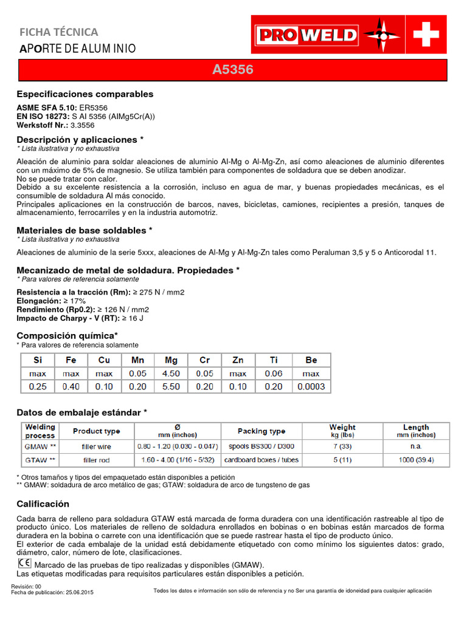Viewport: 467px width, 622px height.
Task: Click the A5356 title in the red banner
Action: [x=233, y=70]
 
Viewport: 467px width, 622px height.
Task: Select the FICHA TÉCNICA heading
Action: [x=59, y=32]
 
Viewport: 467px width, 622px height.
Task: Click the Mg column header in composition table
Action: [x=171, y=360]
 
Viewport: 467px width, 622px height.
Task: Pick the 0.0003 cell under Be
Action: [x=311, y=386]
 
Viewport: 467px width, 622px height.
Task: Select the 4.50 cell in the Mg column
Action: [x=171, y=374]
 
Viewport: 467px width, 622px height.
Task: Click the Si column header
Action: [x=38, y=360]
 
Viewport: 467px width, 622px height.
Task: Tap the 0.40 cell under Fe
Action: [x=71, y=386]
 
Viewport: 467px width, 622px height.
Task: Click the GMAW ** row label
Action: [x=40, y=446]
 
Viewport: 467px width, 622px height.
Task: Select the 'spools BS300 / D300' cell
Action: [x=261, y=446]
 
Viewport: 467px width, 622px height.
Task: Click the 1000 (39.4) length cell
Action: [x=416, y=460]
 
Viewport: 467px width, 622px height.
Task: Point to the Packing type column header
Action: [x=261, y=431]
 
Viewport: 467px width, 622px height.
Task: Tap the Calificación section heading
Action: [x=43, y=504]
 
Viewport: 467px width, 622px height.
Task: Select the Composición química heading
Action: [x=67, y=336]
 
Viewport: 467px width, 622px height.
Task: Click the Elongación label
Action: [x=38, y=301]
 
